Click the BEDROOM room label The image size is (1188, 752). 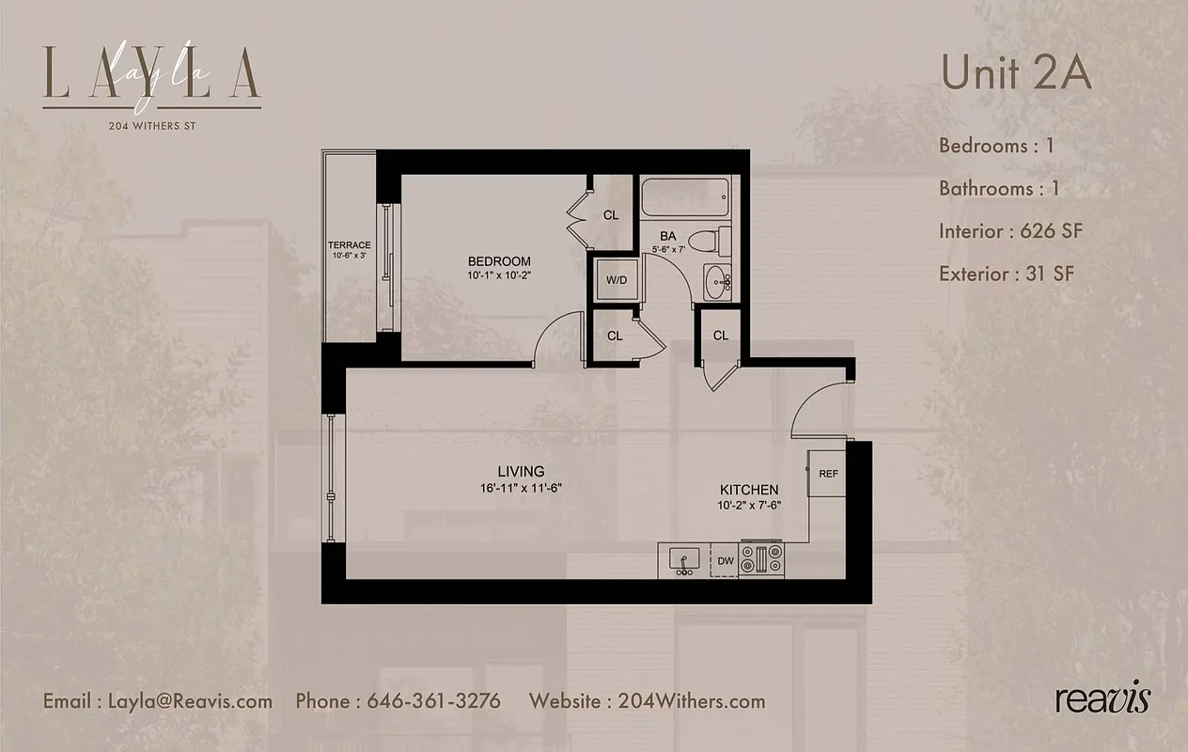click(x=499, y=261)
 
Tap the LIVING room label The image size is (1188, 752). click(x=521, y=471)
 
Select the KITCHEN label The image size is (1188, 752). click(x=749, y=490)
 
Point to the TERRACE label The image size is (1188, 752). click(x=349, y=245)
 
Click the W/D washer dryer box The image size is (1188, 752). click(x=616, y=280)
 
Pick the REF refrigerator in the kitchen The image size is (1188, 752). click(x=828, y=474)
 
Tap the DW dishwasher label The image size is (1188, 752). click(x=726, y=561)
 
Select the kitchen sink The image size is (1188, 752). click(x=683, y=560)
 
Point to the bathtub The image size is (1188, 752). click(x=685, y=198)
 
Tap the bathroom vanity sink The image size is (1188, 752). click(x=720, y=280)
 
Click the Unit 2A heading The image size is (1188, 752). click(x=1016, y=74)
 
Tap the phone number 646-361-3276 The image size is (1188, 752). click(x=433, y=701)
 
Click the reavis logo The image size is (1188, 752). click(x=1102, y=700)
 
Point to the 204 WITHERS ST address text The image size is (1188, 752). click(x=151, y=123)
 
